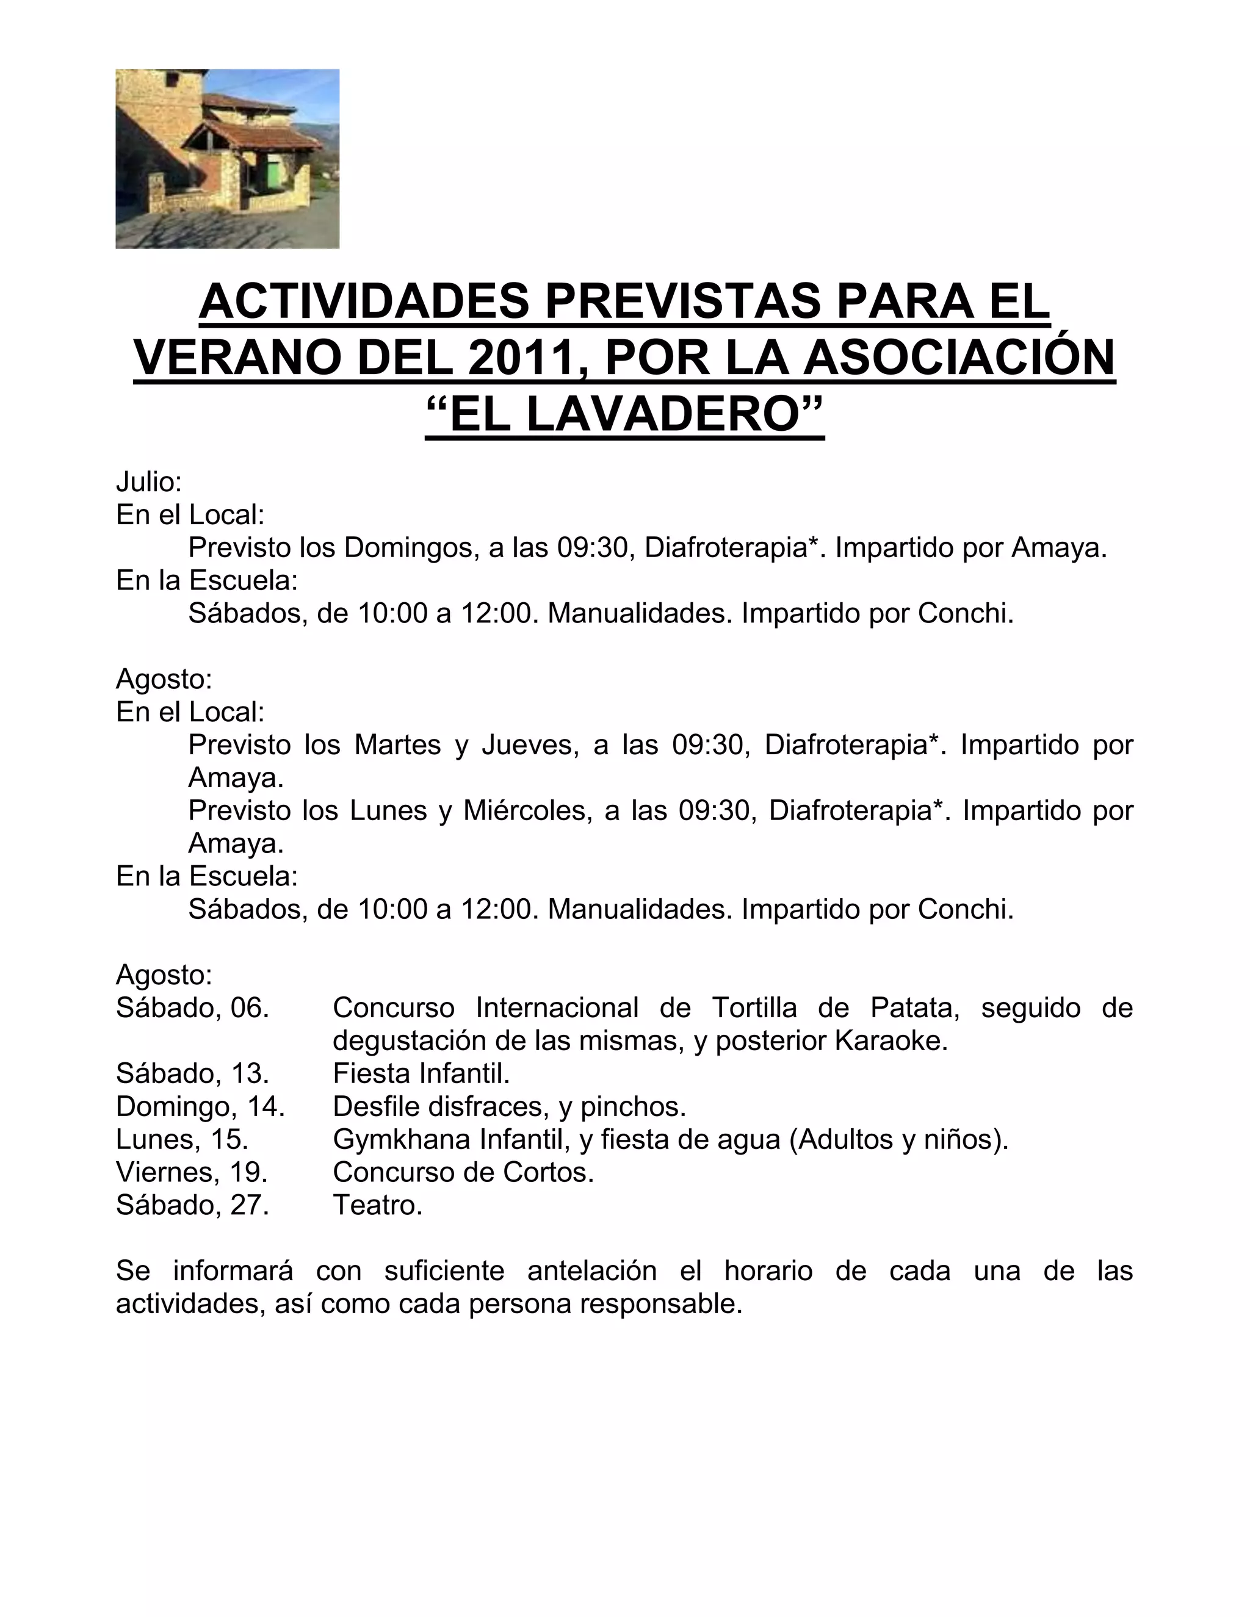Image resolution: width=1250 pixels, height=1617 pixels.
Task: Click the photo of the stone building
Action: click(227, 159)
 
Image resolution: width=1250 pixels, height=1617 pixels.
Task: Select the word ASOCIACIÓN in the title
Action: click(959, 358)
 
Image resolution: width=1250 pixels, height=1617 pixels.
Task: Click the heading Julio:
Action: click(149, 483)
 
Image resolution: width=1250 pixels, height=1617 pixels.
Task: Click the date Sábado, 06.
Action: click(192, 1007)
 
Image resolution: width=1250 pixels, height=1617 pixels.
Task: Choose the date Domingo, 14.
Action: click(201, 1106)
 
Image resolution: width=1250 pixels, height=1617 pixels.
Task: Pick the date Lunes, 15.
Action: click(182, 1139)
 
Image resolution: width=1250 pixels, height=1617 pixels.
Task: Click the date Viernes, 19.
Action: click(192, 1172)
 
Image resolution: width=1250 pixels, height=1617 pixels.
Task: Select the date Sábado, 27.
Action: click(192, 1205)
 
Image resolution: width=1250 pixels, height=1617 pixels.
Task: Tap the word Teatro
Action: click(377, 1205)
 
